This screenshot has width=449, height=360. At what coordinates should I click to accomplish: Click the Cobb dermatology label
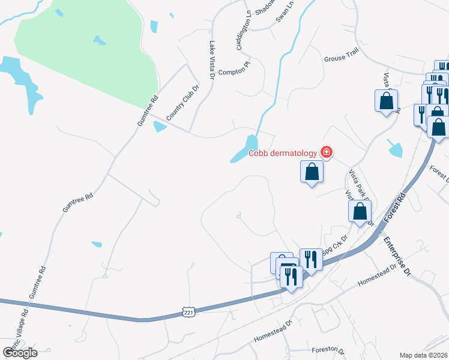click(x=283, y=152)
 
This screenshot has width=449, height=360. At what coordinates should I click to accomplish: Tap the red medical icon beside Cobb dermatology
click(x=326, y=152)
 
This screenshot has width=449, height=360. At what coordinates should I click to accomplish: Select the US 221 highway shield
click(x=188, y=313)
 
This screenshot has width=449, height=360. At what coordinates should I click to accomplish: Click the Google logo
click(x=20, y=352)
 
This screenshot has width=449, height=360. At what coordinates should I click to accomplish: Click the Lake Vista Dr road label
click(x=211, y=60)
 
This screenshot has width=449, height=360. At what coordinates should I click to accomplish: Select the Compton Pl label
click(x=233, y=71)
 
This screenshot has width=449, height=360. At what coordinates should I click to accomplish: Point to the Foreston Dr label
click(x=328, y=349)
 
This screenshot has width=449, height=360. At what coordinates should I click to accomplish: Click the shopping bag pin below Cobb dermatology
click(x=312, y=172)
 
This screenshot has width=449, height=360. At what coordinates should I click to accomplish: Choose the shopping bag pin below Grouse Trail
click(x=386, y=100)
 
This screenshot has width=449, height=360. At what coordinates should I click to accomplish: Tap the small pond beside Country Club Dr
click(x=159, y=126)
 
